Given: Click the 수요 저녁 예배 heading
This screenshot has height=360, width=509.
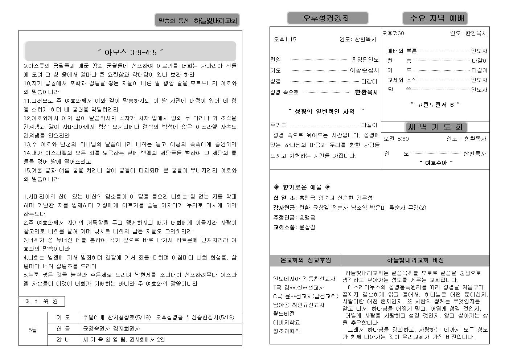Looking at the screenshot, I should [x=435, y=18].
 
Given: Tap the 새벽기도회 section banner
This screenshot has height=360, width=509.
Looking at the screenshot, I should [x=435, y=127].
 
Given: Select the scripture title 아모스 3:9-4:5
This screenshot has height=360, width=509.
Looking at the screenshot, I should [x=130, y=53].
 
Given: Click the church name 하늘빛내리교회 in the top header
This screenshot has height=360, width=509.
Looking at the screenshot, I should [x=215, y=21].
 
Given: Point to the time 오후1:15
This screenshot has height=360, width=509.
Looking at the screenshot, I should [x=285, y=40].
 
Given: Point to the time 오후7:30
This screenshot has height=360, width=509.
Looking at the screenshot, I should [x=393, y=33].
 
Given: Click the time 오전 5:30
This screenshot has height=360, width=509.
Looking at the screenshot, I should [x=396, y=139].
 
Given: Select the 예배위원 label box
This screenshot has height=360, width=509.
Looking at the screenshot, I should [x=42, y=301].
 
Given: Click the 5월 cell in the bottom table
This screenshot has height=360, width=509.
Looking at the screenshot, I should [x=33, y=330].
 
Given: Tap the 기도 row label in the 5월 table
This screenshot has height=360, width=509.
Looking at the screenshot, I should [x=63, y=318].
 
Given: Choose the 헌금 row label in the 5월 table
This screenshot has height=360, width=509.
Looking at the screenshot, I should [x=63, y=329].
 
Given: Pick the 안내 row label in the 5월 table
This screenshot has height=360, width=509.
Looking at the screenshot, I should [x=63, y=340].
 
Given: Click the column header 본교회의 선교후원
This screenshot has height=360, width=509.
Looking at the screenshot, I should [x=306, y=260].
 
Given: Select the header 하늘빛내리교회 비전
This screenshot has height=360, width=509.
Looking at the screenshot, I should [x=415, y=260].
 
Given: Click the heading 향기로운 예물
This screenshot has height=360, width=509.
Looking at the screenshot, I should [x=302, y=187].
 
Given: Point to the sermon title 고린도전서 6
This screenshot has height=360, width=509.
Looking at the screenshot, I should [x=435, y=105].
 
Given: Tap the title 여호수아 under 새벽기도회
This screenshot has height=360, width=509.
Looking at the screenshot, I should [x=436, y=163].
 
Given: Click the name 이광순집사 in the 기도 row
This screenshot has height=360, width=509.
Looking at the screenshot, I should [x=364, y=70].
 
